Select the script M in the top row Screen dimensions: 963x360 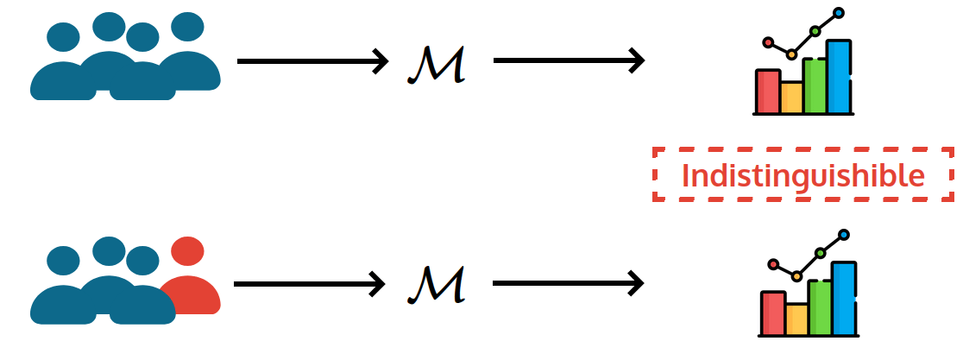(x=437, y=64)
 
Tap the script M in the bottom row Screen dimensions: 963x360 (x=437, y=284)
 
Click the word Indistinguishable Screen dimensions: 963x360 (x=802, y=175)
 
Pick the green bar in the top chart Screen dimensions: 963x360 (x=815, y=85)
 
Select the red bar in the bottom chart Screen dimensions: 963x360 (x=772, y=313)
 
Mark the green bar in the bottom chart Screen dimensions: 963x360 (x=820, y=307)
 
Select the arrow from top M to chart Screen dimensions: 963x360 (x=569, y=60)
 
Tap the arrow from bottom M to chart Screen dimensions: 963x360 (x=569, y=282)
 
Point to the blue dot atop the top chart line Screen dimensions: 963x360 (x=838, y=13)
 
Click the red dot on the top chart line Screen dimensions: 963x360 (x=767, y=41)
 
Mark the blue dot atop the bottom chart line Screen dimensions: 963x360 (x=844, y=235)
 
